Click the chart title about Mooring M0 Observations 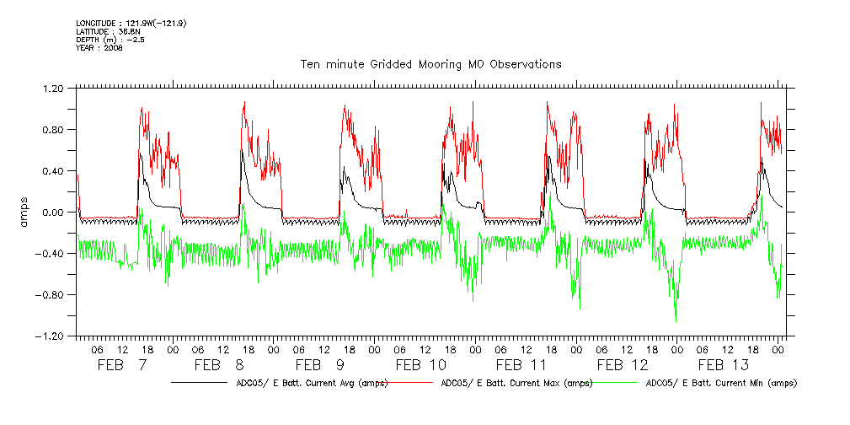pos(430,64)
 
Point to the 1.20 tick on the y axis pos(52,88)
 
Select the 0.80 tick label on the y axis pos(52,129)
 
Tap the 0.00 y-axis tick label pos(52,212)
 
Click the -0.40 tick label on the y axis pos(50,254)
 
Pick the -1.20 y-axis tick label pos(50,336)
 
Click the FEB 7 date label pos(123,365)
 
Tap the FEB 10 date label pos(421,365)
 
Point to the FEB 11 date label pos(521,365)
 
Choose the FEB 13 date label pos(723,365)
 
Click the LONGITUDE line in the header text pos(131,23)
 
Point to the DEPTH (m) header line pos(110,40)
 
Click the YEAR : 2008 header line pos(99,48)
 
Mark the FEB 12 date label pos(623,365)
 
